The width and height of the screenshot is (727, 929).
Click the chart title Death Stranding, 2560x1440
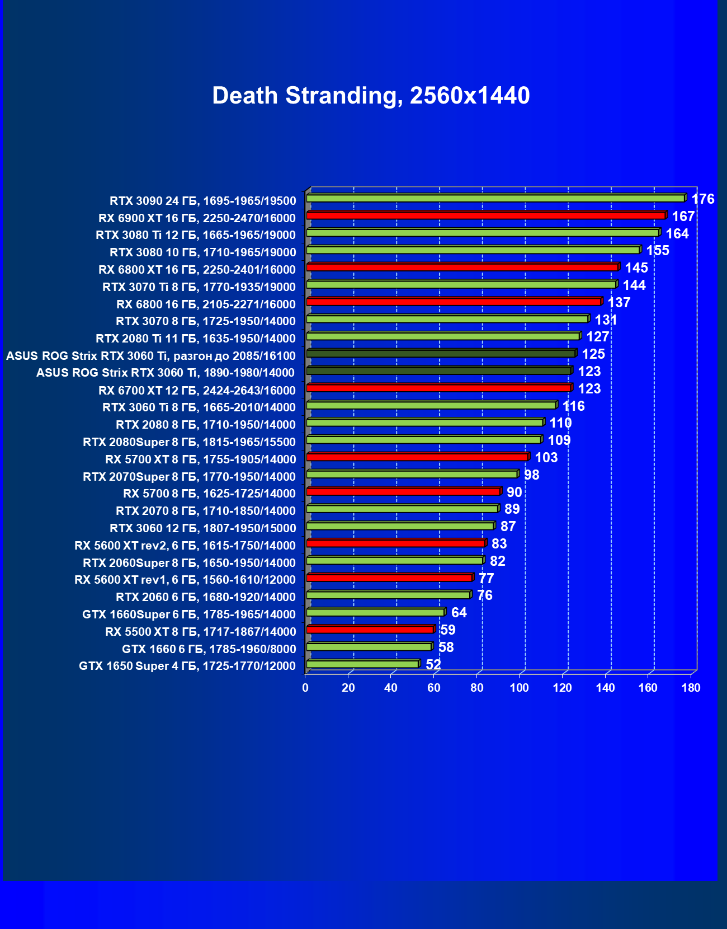click(371, 96)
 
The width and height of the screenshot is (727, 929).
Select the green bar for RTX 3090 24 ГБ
click(495, 198)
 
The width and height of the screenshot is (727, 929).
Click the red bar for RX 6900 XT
click(485, 215)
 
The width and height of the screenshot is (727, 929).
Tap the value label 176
click(702, 199)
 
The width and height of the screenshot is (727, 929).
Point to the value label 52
click(433, 665)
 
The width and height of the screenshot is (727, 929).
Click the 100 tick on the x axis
click(520, 688)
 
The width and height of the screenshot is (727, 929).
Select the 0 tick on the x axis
click(305, 688)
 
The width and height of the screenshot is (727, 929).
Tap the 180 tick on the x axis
click(691, 688)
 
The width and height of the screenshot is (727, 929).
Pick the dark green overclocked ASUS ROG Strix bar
click(441, 354)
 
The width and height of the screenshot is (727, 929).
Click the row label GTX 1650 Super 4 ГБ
click(187, 666)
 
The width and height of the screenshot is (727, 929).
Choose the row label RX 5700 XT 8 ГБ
click(200, 459)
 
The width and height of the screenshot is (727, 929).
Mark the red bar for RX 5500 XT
click(370, 630)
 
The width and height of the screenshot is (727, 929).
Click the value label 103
click(546, 458)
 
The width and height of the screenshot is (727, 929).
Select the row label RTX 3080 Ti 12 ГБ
click(196, 235)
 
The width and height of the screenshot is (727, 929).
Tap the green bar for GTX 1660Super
click(375, 612)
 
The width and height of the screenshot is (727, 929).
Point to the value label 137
click(619, 303)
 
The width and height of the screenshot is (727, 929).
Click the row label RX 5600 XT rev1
click(185, 580)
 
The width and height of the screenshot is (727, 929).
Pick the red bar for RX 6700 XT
click(438, 388)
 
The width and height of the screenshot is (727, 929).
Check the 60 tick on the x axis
click(434, 688)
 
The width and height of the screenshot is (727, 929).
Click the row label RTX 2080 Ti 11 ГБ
click(196, 339)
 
